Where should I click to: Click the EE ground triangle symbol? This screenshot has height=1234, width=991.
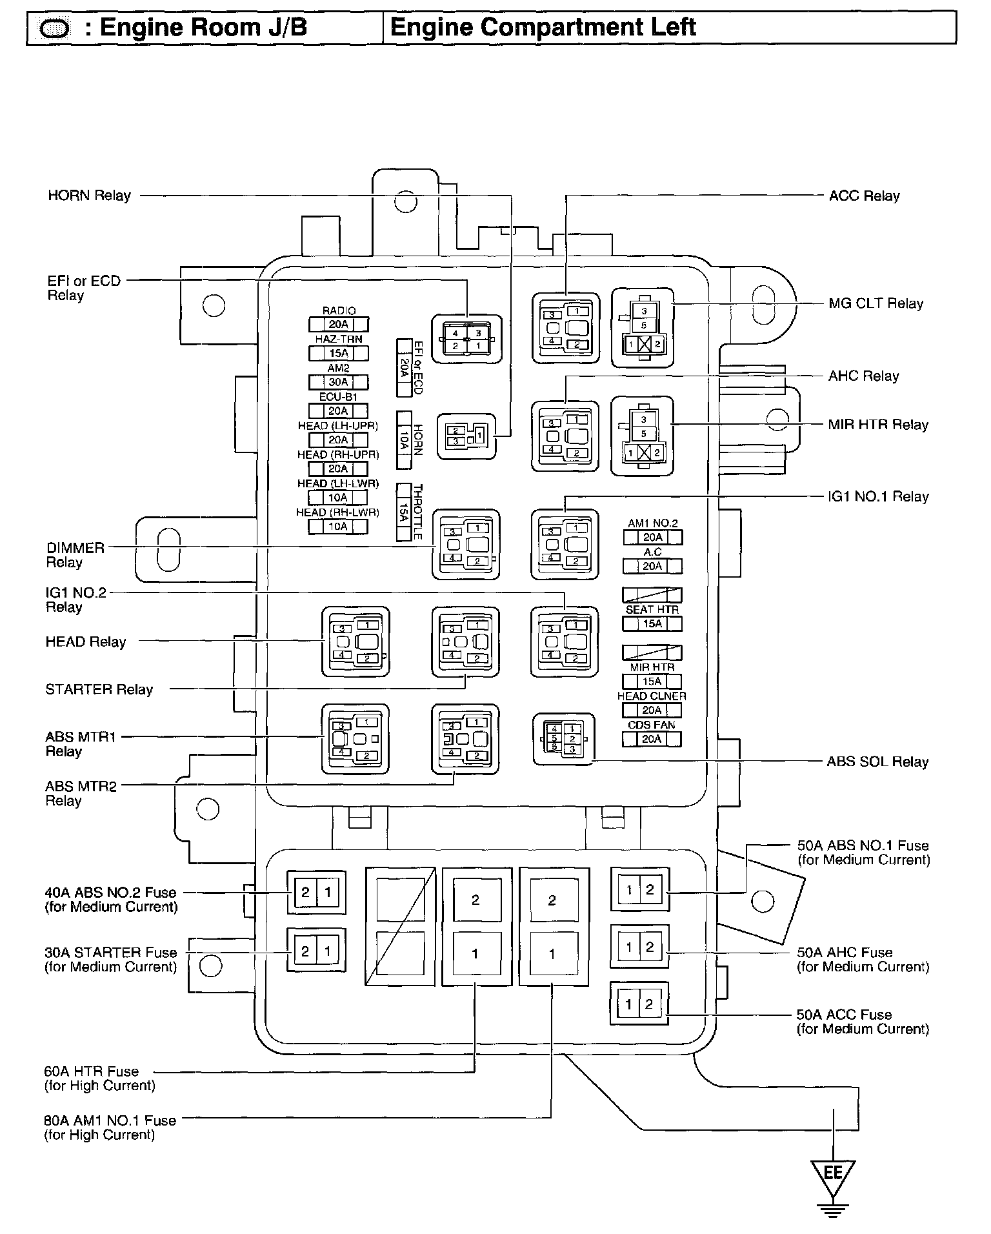click(x=833, y=1172)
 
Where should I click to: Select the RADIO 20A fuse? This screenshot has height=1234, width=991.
click(x=338, y=324)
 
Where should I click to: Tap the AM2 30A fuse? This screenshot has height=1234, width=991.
click(x=338, y=382)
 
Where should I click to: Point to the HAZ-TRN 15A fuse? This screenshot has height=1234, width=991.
click(x=338, y=353)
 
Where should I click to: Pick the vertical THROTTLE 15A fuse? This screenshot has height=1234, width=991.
click(x=405, y=512)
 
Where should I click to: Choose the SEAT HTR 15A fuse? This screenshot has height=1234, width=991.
click(x=652, y=623)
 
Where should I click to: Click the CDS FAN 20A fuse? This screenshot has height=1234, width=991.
click(x=652, y=739)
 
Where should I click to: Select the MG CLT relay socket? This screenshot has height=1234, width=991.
click(x=643, y=328)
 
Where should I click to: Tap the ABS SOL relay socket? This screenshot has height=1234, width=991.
click(x=563, y=739)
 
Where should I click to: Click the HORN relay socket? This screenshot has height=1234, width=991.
click(x=466, y=436)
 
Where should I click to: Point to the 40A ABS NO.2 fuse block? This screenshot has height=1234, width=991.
click(x=316, y=893)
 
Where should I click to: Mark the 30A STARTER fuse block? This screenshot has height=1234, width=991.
click(x=316, y=951)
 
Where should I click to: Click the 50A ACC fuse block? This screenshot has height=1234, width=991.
click(x=639, y=1004)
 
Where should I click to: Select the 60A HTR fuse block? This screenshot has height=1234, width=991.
click(x=476, y=927)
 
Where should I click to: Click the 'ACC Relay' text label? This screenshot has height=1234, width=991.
click(x=864, y=196)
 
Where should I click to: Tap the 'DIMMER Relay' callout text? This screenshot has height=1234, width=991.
click(x=75, y=555)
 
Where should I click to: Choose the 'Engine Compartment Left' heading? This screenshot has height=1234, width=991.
click(x=543, y=28)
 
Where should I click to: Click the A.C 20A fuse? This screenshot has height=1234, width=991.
click(x=652, y=566)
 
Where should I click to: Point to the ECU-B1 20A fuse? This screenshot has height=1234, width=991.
click(x=338, y=411)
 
